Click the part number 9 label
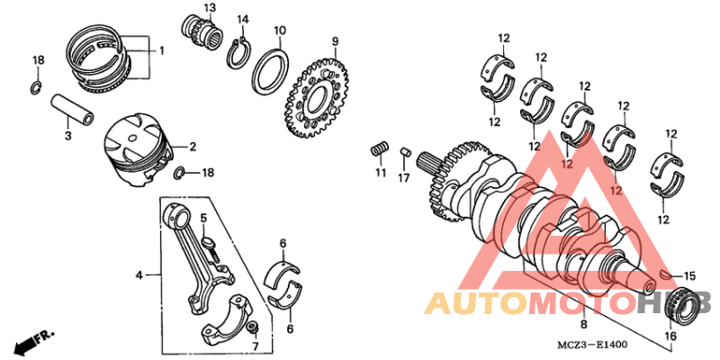(x=335, y=41)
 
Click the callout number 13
(x=210, y=8)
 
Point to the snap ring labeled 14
(x=238, y=55)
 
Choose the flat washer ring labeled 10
(x=270, y=69)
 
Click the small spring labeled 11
(x=381, y=148)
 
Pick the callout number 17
(x=405, y=177)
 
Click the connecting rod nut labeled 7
(x=254, y=327)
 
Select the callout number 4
(x=139, y=274)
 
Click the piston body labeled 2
(x=135, y=148)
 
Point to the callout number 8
(x=583, y=323)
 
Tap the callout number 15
(x=690, y=276)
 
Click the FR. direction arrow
(x=31, y=342)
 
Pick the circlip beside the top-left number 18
(x=34, y=87)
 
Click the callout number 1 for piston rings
(x=162, y=51)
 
